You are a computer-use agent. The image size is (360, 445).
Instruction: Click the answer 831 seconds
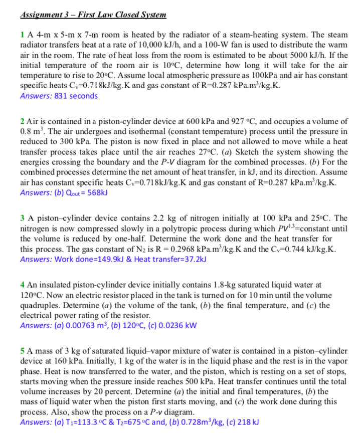pyautogui.click(x=73, y=95)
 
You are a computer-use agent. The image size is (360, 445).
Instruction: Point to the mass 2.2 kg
pyautogui.click(x=150, y=218)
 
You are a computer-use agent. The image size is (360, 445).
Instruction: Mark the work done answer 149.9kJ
pyautogui.click(x=95, y=259)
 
